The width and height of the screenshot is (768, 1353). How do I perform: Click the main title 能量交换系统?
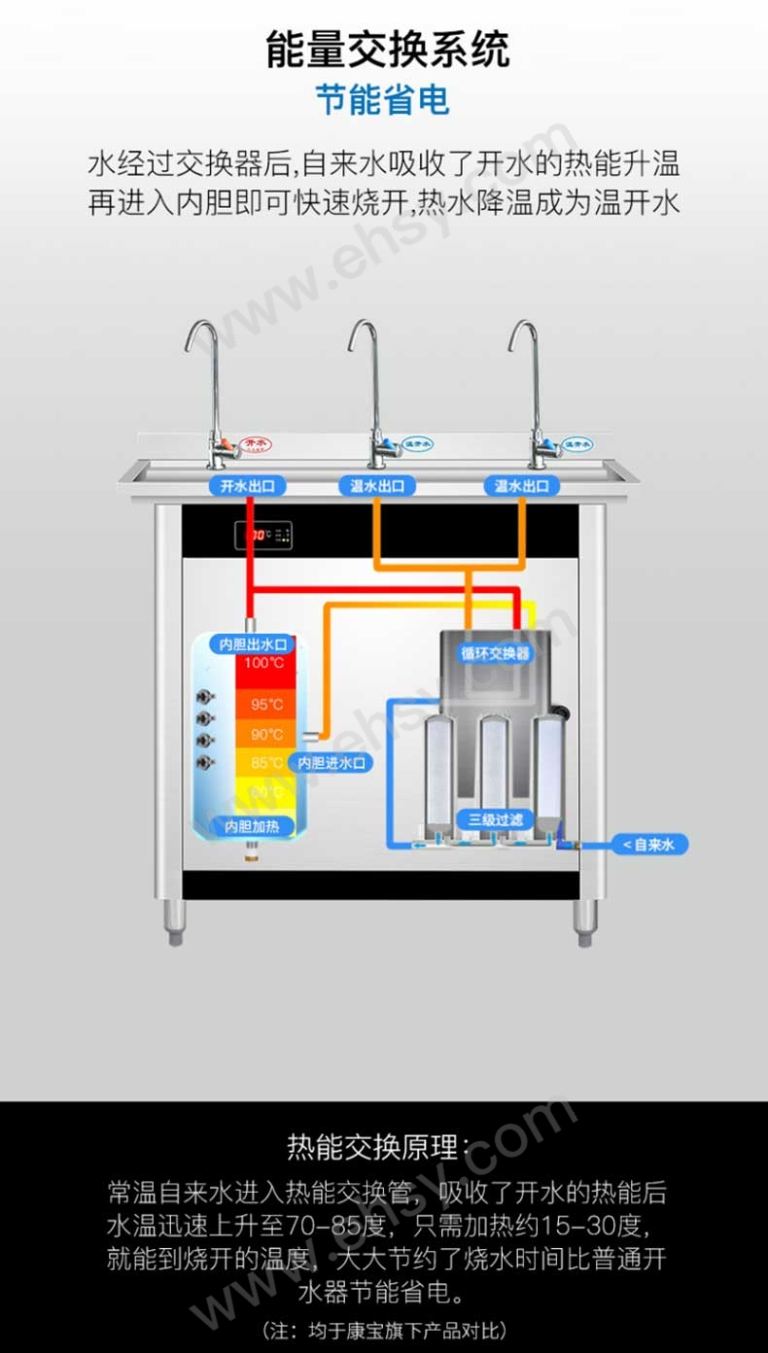[x=387, y=50]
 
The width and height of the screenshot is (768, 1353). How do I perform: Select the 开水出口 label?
[x=247, y=486]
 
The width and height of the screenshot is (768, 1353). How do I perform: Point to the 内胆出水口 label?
[x=254, y=644]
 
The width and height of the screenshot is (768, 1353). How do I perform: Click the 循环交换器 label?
[x=496, y=653]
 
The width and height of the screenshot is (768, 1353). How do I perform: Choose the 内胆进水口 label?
[x=332, y=763]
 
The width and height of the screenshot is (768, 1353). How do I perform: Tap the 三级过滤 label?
[x=496, y=818]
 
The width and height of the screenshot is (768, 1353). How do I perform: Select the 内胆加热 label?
[x=252, y=826]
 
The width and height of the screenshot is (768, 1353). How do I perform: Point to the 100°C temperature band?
[x=263, y=664]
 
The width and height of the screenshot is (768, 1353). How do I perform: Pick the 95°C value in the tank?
[x=266, y=704]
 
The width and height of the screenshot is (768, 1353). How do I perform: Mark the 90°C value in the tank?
[x=266, y=734]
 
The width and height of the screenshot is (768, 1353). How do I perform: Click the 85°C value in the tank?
[x=266, y=763]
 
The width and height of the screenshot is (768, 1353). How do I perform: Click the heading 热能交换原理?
[x=383, y=1147]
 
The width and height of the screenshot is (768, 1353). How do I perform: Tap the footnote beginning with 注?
[x=383, y=1330]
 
